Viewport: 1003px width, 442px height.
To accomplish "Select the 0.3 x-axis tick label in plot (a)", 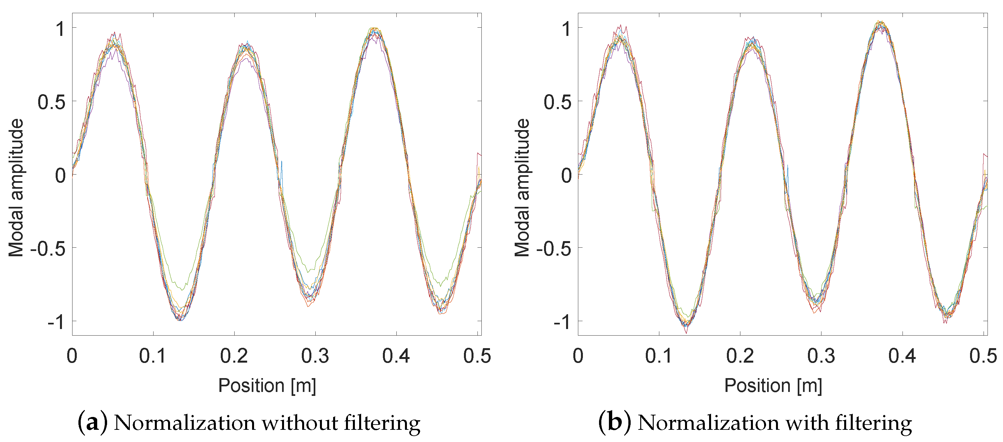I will tap(315, 356).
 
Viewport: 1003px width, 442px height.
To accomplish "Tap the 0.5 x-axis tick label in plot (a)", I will tap(477, 356).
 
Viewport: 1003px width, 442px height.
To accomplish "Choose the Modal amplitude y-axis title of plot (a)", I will tap(16, 188).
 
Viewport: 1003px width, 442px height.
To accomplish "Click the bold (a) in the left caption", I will tap(92, 423).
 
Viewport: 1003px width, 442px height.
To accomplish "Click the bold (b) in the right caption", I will tap(615, 423).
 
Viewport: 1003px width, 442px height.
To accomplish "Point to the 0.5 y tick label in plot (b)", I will tap(558, 102).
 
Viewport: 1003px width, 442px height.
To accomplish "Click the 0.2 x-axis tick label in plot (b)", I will tap(740, 356).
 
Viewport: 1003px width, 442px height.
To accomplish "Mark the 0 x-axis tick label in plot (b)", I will tap(578, 356).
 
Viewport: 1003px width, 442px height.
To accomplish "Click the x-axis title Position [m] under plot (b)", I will tap(773, 386).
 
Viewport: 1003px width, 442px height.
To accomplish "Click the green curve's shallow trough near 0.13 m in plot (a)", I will tap(182, 289).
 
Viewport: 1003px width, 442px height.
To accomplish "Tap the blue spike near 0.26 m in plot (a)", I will tap(281, 163).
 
